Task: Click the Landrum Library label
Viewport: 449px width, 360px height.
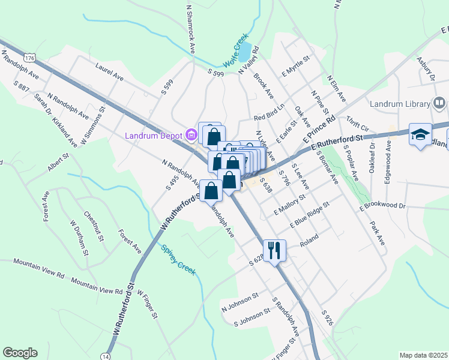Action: click(401, 103)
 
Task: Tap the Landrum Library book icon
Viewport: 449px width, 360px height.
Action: click(439, 103)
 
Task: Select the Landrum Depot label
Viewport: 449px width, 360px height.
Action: click(154, 135)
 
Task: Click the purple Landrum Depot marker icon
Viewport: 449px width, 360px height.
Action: click(191, 134)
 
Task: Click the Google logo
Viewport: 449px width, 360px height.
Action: click(20, 353)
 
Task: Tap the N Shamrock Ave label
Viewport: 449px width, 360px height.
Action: click(191, 28)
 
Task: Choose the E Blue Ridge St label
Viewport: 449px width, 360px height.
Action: click(310, 215)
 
